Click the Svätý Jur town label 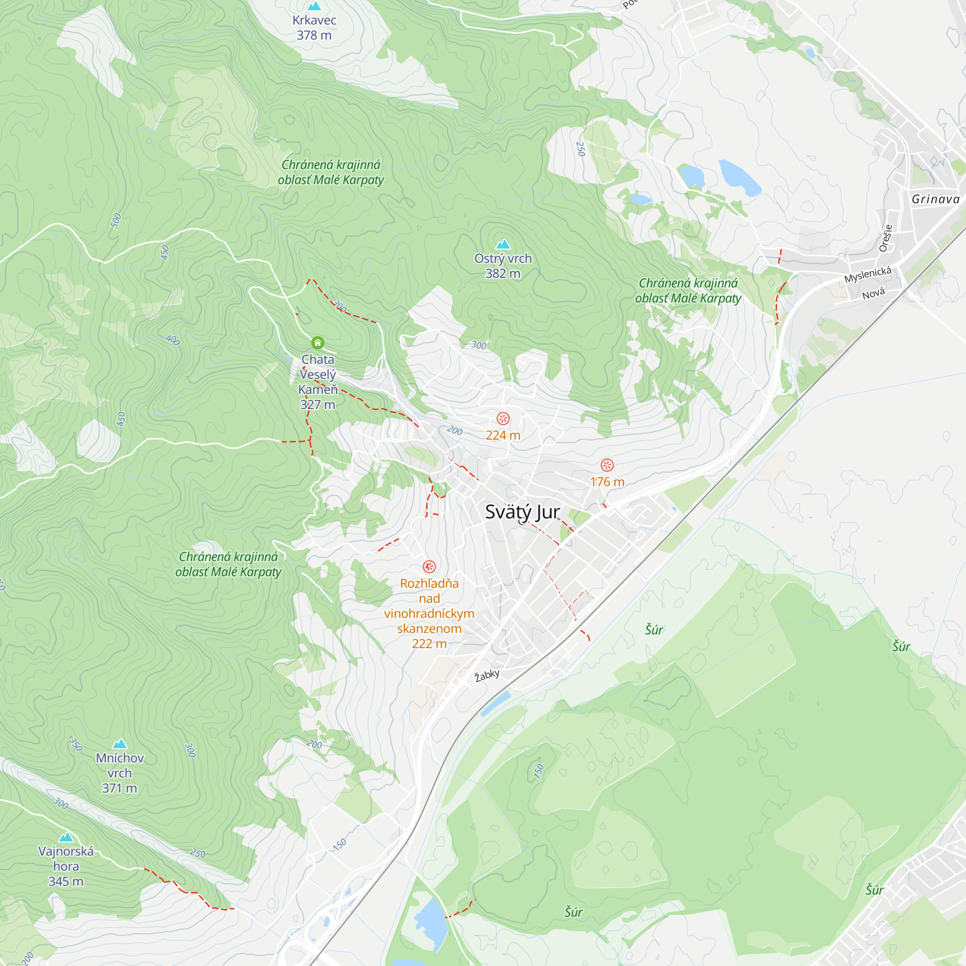522,512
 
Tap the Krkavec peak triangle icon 314,6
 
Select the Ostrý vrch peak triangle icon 502,244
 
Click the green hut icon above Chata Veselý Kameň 317,342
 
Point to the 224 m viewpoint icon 502,418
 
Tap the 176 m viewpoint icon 607,465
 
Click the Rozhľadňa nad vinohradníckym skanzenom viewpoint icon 429,567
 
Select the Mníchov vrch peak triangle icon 119,744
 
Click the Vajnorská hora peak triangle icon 66,837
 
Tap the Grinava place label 935,199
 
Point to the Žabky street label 487,676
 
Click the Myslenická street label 867,274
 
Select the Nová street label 873,294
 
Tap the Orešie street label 885,238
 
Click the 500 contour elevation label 116,221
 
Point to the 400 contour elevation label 172,340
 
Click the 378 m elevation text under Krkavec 314,35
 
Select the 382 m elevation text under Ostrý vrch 502,273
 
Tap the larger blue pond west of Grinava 739,177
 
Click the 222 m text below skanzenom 429,643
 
